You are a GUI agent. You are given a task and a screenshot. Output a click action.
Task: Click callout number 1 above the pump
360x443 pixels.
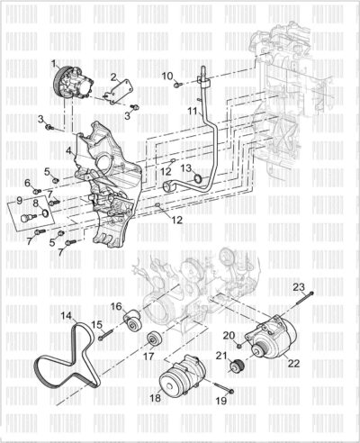(55, 62)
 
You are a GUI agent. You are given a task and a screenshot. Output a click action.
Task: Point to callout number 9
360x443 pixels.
(20, 201)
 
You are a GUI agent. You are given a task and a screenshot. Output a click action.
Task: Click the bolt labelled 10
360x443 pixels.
(180, 83)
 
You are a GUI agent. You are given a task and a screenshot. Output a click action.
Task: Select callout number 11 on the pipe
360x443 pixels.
(191, 112)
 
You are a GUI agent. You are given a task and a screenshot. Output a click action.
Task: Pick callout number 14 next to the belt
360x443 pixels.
(66, 316)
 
